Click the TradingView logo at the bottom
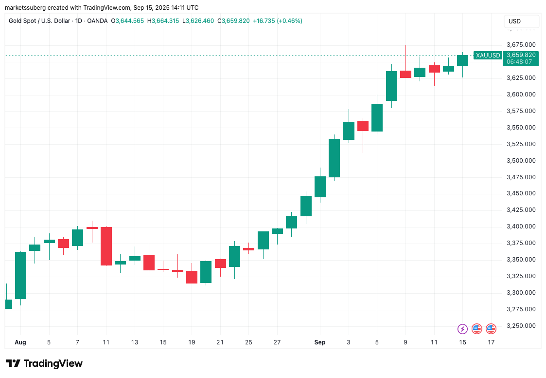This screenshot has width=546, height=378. (x=44, y=363)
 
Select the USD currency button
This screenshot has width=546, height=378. (x=514, y=21)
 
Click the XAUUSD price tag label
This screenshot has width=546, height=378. (x=487, y=55)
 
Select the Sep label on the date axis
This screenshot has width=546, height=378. (x=319, y=342)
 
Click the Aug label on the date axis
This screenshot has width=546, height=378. (x=20, y=342)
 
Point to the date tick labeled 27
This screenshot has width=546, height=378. (x=277, y=342)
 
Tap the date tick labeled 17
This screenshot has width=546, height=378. (x=491, y=342)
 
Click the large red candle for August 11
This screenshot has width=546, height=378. (x=106, y=246)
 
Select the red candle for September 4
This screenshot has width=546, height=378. (x=363, y=126)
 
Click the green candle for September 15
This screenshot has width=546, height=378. (x=462, y=60)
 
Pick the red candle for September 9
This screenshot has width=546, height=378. (x=405, y=74)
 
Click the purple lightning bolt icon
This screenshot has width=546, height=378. (x=462, y=329)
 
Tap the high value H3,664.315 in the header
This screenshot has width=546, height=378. (x=163, y=21)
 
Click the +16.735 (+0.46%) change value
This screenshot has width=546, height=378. (x=278, y=21)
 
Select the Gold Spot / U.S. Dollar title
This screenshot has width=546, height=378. (x=38, y=21)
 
